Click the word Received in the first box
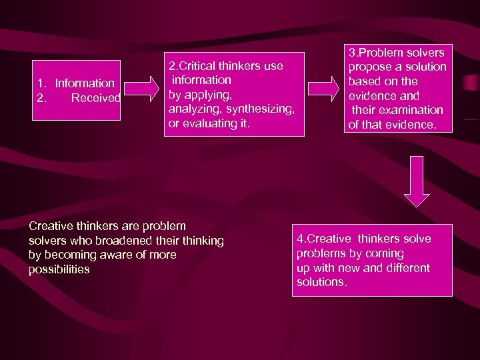coord(96,98)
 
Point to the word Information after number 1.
coord(85,83)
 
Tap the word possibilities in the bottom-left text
coord(59,269)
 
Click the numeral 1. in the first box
coord(42,83)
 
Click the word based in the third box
coord(364,81)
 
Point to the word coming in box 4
coord(385,253)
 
